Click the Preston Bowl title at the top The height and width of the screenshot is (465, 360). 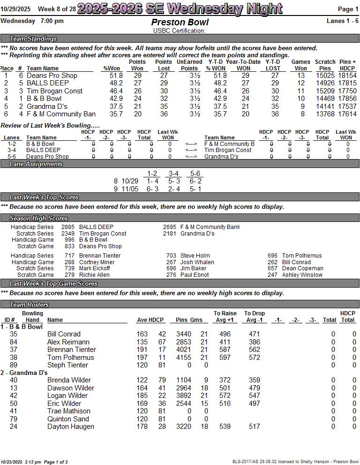(180, 23)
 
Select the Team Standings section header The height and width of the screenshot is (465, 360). (33, 38)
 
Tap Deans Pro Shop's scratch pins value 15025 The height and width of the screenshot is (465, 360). (325, 76)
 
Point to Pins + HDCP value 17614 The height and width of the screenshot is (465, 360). (347, 114)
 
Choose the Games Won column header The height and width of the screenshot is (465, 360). (300, 65)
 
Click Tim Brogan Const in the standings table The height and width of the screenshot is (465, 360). (54, 91)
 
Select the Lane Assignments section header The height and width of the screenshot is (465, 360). (36, 164)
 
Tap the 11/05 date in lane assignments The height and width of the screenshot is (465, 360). (130, 189)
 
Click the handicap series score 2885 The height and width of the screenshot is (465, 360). (67, 227)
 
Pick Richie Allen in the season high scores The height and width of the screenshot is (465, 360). (94, 275)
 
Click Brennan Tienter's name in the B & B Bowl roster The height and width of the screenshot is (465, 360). (71, 350)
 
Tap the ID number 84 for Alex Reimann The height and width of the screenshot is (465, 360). (14, 342)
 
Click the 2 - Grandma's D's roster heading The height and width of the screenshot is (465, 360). (24, 373)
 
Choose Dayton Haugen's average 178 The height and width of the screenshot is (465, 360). (142, 427)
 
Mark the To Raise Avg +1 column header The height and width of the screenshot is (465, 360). (225, 317)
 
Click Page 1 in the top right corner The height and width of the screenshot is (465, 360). (348, 9)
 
